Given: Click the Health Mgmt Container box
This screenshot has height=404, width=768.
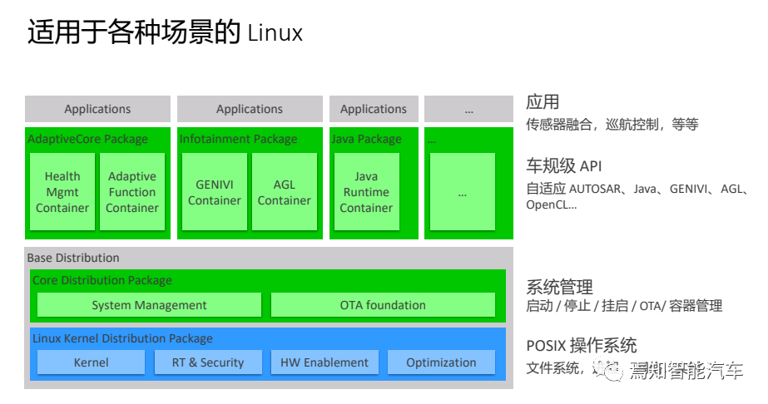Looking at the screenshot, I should (62, 192).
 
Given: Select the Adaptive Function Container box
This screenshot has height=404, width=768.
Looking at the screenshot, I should (132, 192).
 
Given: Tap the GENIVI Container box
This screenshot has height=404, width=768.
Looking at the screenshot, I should (215, 192).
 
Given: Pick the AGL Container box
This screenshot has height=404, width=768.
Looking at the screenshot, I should (285, 192).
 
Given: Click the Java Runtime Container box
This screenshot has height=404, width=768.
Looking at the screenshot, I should (366, 192).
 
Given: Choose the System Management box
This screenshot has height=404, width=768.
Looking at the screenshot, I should (149, 305).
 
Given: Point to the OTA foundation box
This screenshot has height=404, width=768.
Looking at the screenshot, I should (383, 305).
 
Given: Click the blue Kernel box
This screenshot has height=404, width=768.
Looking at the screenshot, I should (91, 362).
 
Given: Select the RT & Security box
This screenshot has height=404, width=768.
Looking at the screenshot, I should (208, 362).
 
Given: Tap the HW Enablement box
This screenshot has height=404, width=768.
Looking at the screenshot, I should (325, 362).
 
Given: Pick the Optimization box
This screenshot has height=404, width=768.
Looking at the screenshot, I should (441, 362).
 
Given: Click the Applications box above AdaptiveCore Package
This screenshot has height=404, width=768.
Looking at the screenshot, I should (97, 109).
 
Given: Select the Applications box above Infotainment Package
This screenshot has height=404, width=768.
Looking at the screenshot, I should (250, 109).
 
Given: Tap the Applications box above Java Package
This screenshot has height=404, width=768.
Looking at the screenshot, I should (374, 109).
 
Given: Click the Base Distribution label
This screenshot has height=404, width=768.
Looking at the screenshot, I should (73, 258).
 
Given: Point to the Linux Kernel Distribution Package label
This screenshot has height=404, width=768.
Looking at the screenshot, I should (122, 338).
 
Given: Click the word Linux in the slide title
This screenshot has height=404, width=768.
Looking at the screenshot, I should (275, 33).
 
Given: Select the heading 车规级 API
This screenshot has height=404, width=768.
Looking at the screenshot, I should (563, 165).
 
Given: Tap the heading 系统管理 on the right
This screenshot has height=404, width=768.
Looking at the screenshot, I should (559, 287).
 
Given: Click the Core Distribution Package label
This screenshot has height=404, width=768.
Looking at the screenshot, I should (102, 280).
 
